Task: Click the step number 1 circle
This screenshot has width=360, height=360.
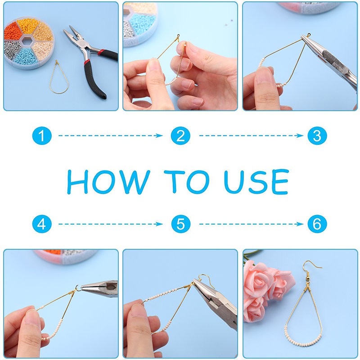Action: [x=42, y=135]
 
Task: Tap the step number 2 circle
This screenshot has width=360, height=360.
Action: [x=180, y=135]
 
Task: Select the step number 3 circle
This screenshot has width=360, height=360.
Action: [x=317, y=135]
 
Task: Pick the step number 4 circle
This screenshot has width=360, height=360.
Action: [x=42, y=224]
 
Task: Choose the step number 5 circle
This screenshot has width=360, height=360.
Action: [x=180, y=224]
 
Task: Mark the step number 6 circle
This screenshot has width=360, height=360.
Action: [x=317, y=224]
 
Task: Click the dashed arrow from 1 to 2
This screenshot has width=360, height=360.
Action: [x=110, y=135]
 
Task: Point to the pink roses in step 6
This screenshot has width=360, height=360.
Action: [x=263, y=288]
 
